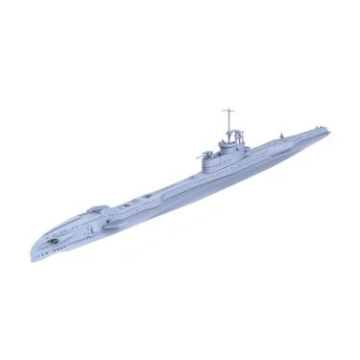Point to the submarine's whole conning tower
228,152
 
